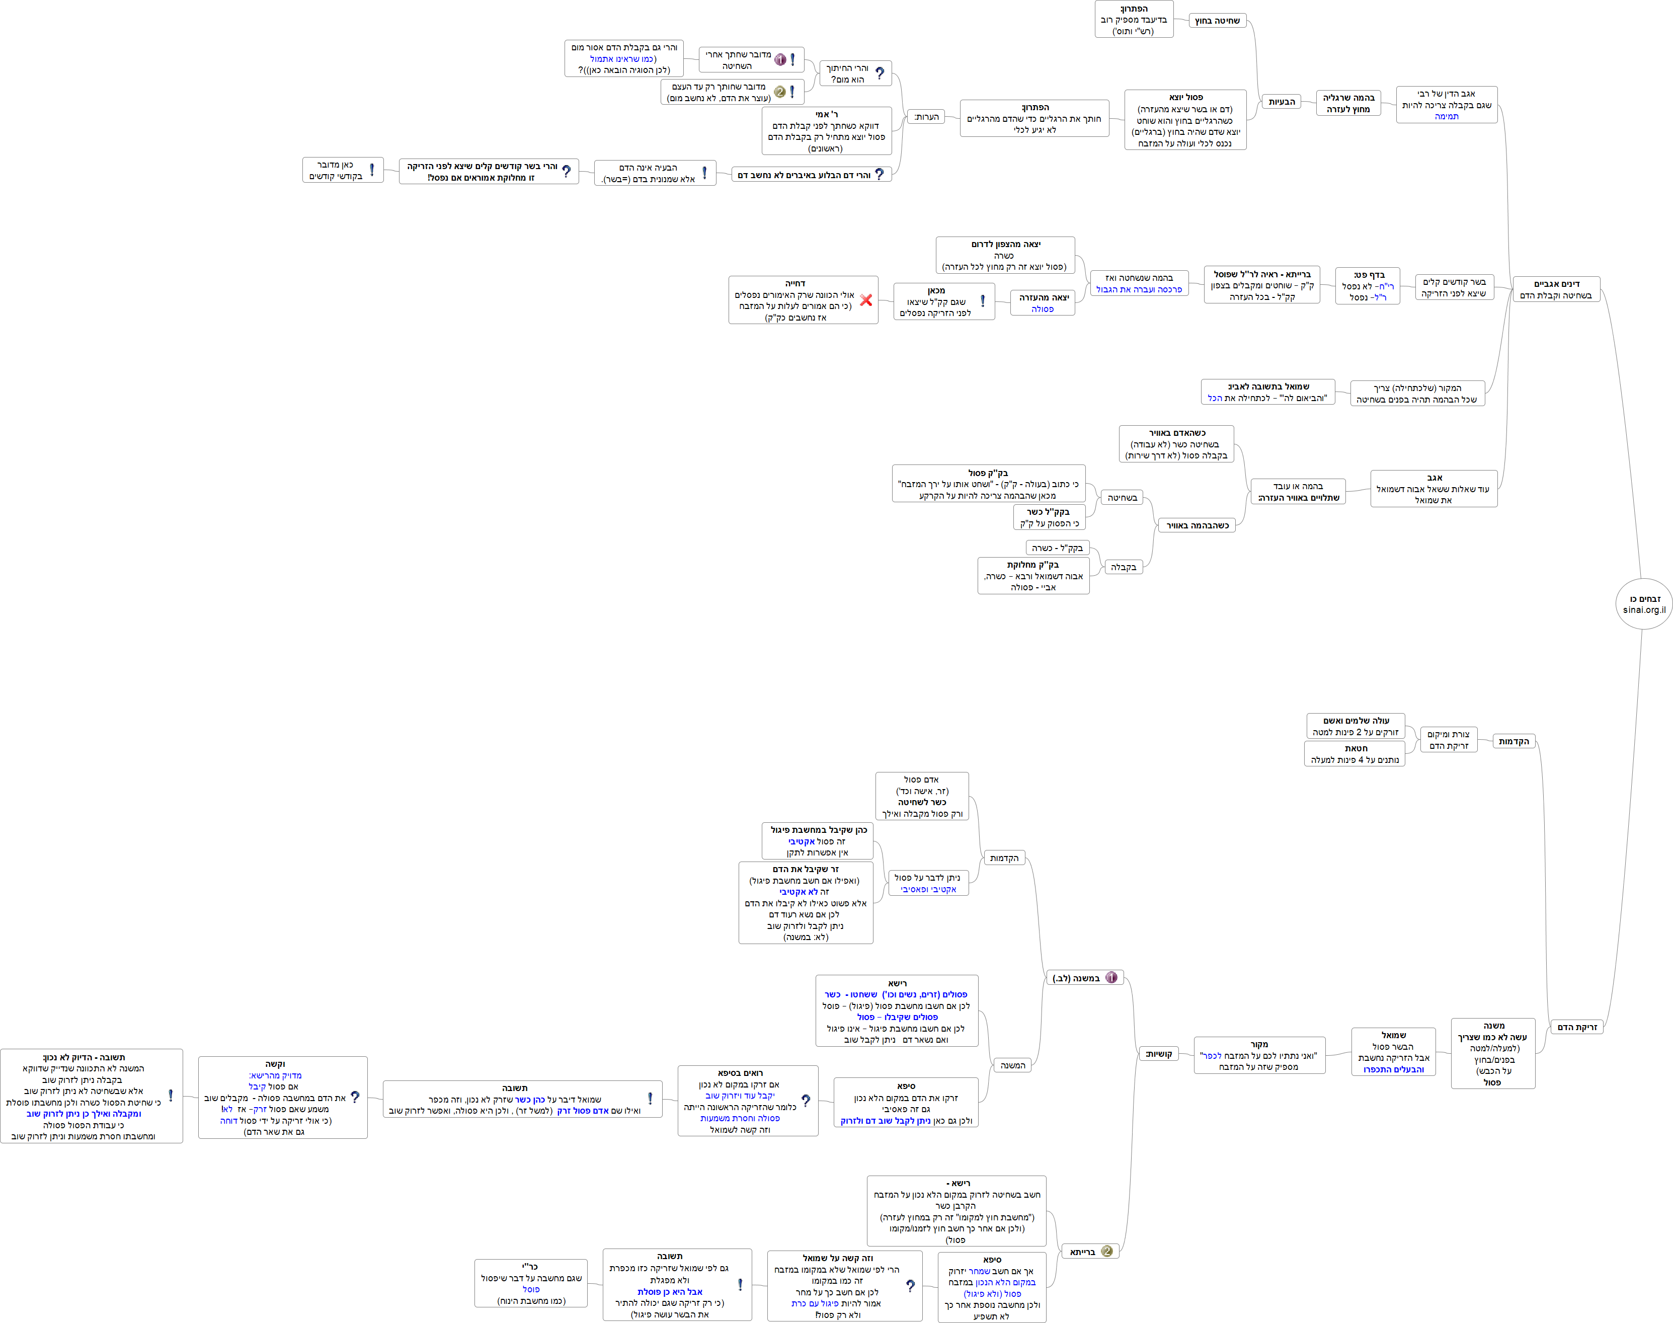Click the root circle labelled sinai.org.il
pos(1644,604)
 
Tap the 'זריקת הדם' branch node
pos(1577,1027)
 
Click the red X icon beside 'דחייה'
pos(866,300)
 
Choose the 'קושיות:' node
pos(1159,1053)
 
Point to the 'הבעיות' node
pos(1282,102)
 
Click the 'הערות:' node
pos(926,117)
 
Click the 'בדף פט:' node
pos(1368,286)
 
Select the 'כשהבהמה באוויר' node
pos(1198,525)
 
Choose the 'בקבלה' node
pos(1123,567)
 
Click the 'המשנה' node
pos(1012,1066)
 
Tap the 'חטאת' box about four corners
pos(1355,754)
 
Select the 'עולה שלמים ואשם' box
pos(1356,726)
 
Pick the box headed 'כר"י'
pos(530,1283)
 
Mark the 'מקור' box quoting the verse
pos(1259,1055)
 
